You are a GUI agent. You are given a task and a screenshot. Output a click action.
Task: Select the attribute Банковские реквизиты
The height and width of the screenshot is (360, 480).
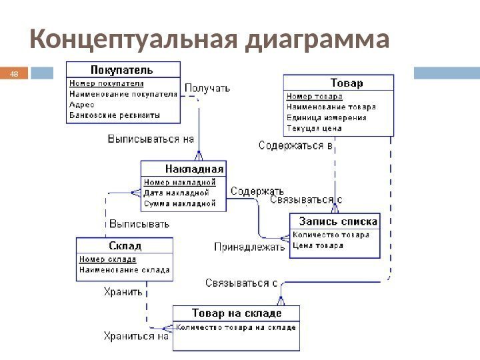pyautogui.click(x=115, y=115)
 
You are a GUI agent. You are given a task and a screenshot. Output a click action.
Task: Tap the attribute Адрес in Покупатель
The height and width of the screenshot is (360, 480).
pyautogui.click(x=83, y=105)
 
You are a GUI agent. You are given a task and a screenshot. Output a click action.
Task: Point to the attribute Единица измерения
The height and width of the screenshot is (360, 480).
pyautogui.click(x=327, y=117)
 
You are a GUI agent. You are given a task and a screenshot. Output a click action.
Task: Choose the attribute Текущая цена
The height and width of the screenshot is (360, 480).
pyautogui.click(x=315, y=128)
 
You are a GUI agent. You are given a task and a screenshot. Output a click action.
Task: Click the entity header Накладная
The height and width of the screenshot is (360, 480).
pyautogui.click(x=195, y=169)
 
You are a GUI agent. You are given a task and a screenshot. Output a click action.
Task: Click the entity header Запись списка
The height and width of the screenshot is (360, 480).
pyautogui.click(x=338, y=221)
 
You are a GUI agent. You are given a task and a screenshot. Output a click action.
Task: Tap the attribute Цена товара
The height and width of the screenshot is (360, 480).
pyautogui.click(x=319, y=246)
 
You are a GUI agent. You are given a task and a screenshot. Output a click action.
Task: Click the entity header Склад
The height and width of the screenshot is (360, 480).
pyautogui.click(x=125, y=246)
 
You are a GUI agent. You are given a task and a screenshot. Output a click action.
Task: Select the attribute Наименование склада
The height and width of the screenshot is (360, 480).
pyautogui.click(x=125, y=271)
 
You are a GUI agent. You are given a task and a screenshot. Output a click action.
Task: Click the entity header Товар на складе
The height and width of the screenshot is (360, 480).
pyautogui.click(x=237, y=313)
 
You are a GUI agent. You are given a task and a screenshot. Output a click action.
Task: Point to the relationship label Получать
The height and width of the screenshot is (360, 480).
pyautogui.click(x=207, y=87)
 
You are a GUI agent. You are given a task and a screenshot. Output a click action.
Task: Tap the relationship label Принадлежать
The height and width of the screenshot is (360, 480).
pyautogui.click(x=249, y=247)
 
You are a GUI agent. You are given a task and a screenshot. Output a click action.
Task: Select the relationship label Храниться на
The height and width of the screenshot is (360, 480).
pyautogui.click(x=136, y=336)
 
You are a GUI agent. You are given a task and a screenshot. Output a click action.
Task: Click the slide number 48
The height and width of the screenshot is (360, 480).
pyautogui.click(x=13, y=73)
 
